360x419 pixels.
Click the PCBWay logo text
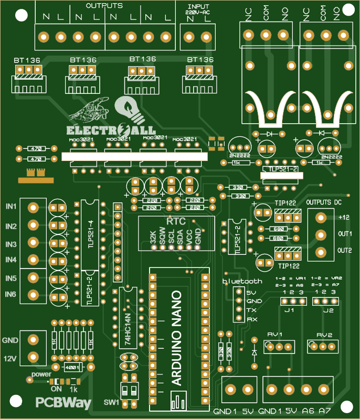[63, 403]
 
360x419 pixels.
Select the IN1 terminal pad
[33, 208]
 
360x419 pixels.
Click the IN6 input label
[10, 295]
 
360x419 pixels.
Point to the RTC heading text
[173, 221]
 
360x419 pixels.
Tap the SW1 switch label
[111, 402]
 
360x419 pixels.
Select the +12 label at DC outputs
[344, 217]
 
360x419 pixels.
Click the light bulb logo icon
[128, 110]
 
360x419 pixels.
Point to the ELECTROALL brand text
[111, 130]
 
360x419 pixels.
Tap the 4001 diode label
[72, 367]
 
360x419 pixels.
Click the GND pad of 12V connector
[33, 340]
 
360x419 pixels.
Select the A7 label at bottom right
[324, 411]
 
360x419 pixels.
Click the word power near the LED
[41, 374]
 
